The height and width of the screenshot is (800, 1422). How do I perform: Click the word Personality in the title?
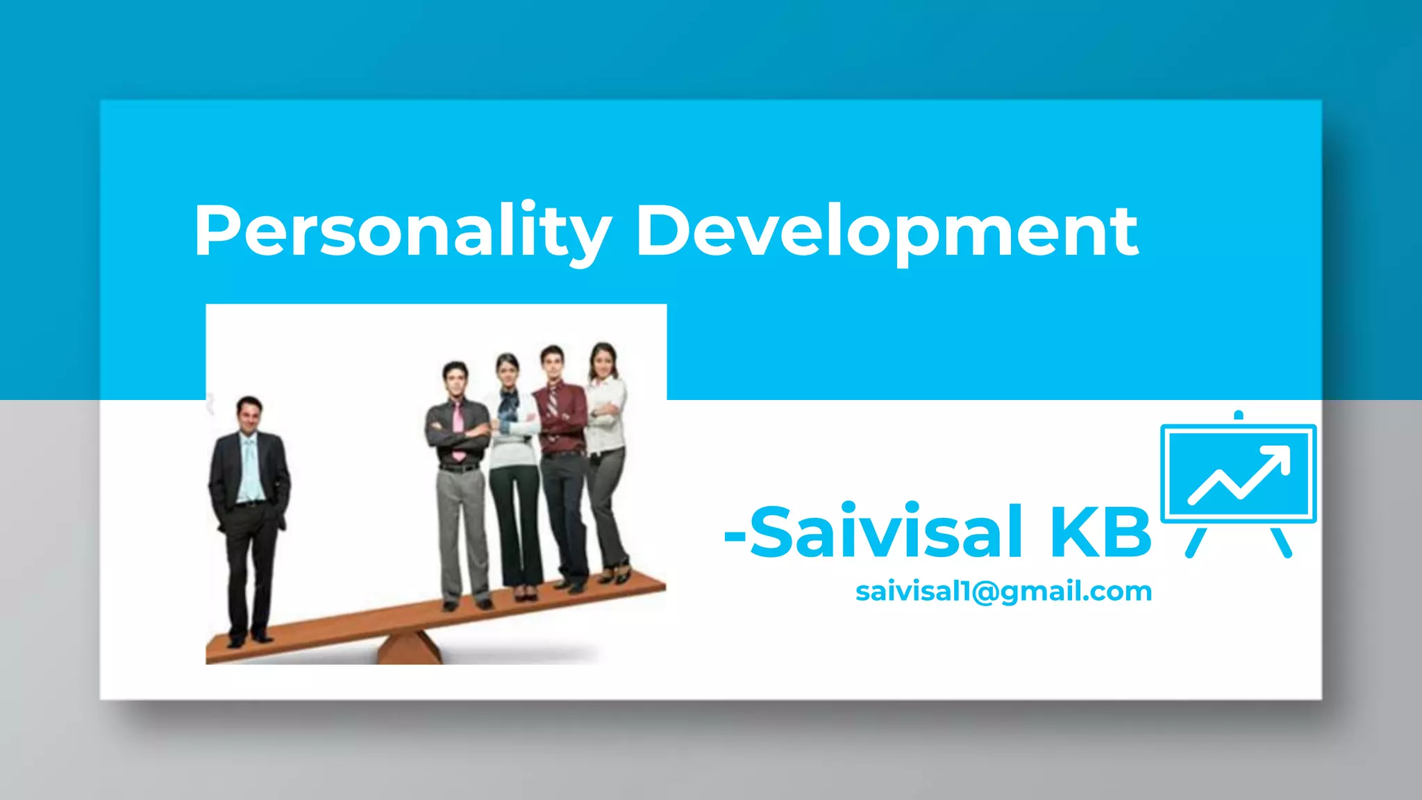[x=403, y=231]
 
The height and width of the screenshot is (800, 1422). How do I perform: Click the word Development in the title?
[x=887, y=231]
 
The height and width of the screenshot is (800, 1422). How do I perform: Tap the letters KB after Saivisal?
[x=1101, y=533]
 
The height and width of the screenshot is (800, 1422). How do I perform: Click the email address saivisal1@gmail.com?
[x=1003, y=592]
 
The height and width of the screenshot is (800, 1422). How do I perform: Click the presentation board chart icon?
[x=1239, y=479]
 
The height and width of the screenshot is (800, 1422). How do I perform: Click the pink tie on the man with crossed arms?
[x=458, y=431]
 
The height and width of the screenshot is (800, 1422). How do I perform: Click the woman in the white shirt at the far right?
[x=606, y=444]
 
